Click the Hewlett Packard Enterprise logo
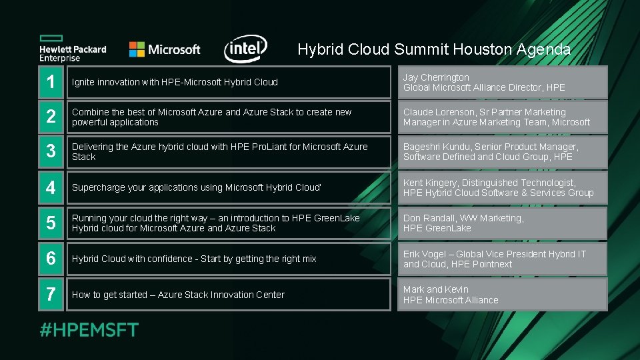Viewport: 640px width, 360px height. pos(72,48)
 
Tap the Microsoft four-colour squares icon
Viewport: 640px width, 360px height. pos(137,49)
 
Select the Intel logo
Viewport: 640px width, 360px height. pos(246,49)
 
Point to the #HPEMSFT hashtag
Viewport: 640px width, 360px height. pos(89,330)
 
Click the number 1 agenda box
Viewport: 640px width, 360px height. pos(51,82)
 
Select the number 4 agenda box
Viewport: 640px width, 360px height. pos(51,187)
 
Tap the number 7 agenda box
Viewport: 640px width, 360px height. pos(51,295)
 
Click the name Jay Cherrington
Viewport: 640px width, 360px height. pos(436,77)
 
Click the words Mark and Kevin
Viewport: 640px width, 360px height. pos(435,289)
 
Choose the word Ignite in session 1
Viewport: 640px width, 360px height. pos(83,83)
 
